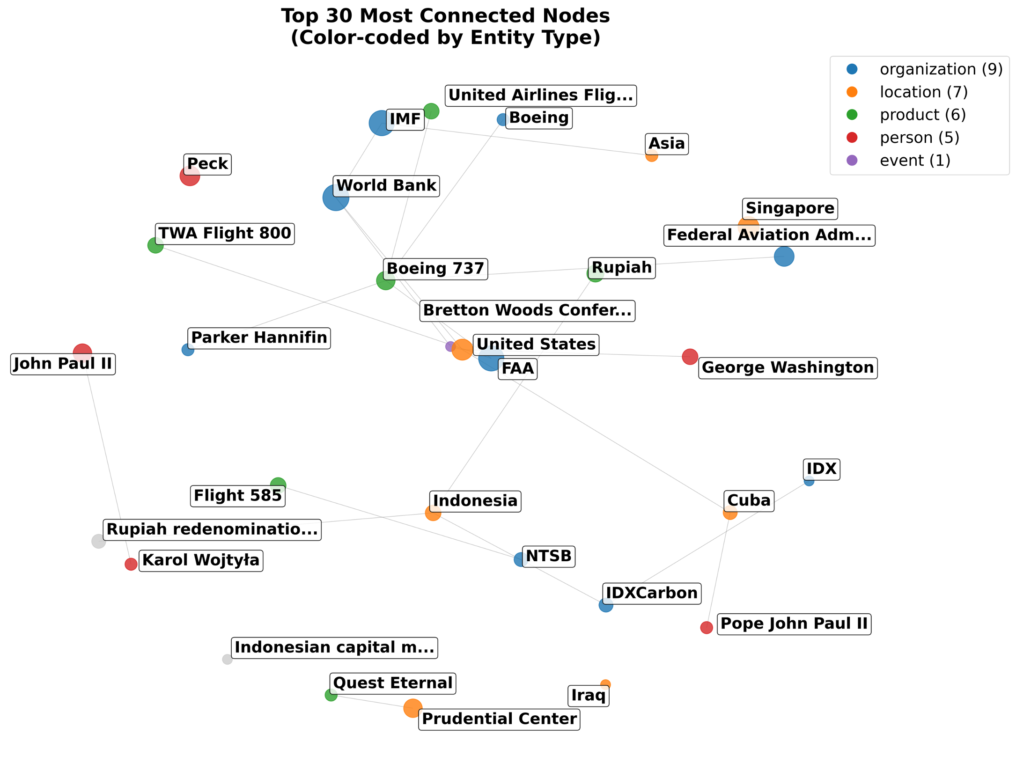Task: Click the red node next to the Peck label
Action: tap(190, 176)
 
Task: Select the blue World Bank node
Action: tap(335, 198)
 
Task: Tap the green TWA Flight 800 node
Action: tap(155, 245)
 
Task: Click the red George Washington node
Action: tap(690, 357)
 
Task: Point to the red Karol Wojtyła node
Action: tap(131, 564)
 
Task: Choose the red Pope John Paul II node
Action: tap(707, 627)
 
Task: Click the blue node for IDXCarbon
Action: tap(606, 605)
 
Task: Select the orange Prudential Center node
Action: tap(412, 708)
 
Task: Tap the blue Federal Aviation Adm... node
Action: tap(784, 257)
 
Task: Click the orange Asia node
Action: tap(651, 156)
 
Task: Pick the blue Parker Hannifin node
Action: tap(188, 350)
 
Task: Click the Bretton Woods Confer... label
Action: tap(527, 311)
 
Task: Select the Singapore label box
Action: tap(789, 209)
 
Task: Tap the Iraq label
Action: tap(589, 696)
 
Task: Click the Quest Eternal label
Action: tap(393, 683)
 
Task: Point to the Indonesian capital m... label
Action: tap(334, 648)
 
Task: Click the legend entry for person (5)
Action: tap(919, 138)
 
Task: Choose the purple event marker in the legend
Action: tap(852, 161)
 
